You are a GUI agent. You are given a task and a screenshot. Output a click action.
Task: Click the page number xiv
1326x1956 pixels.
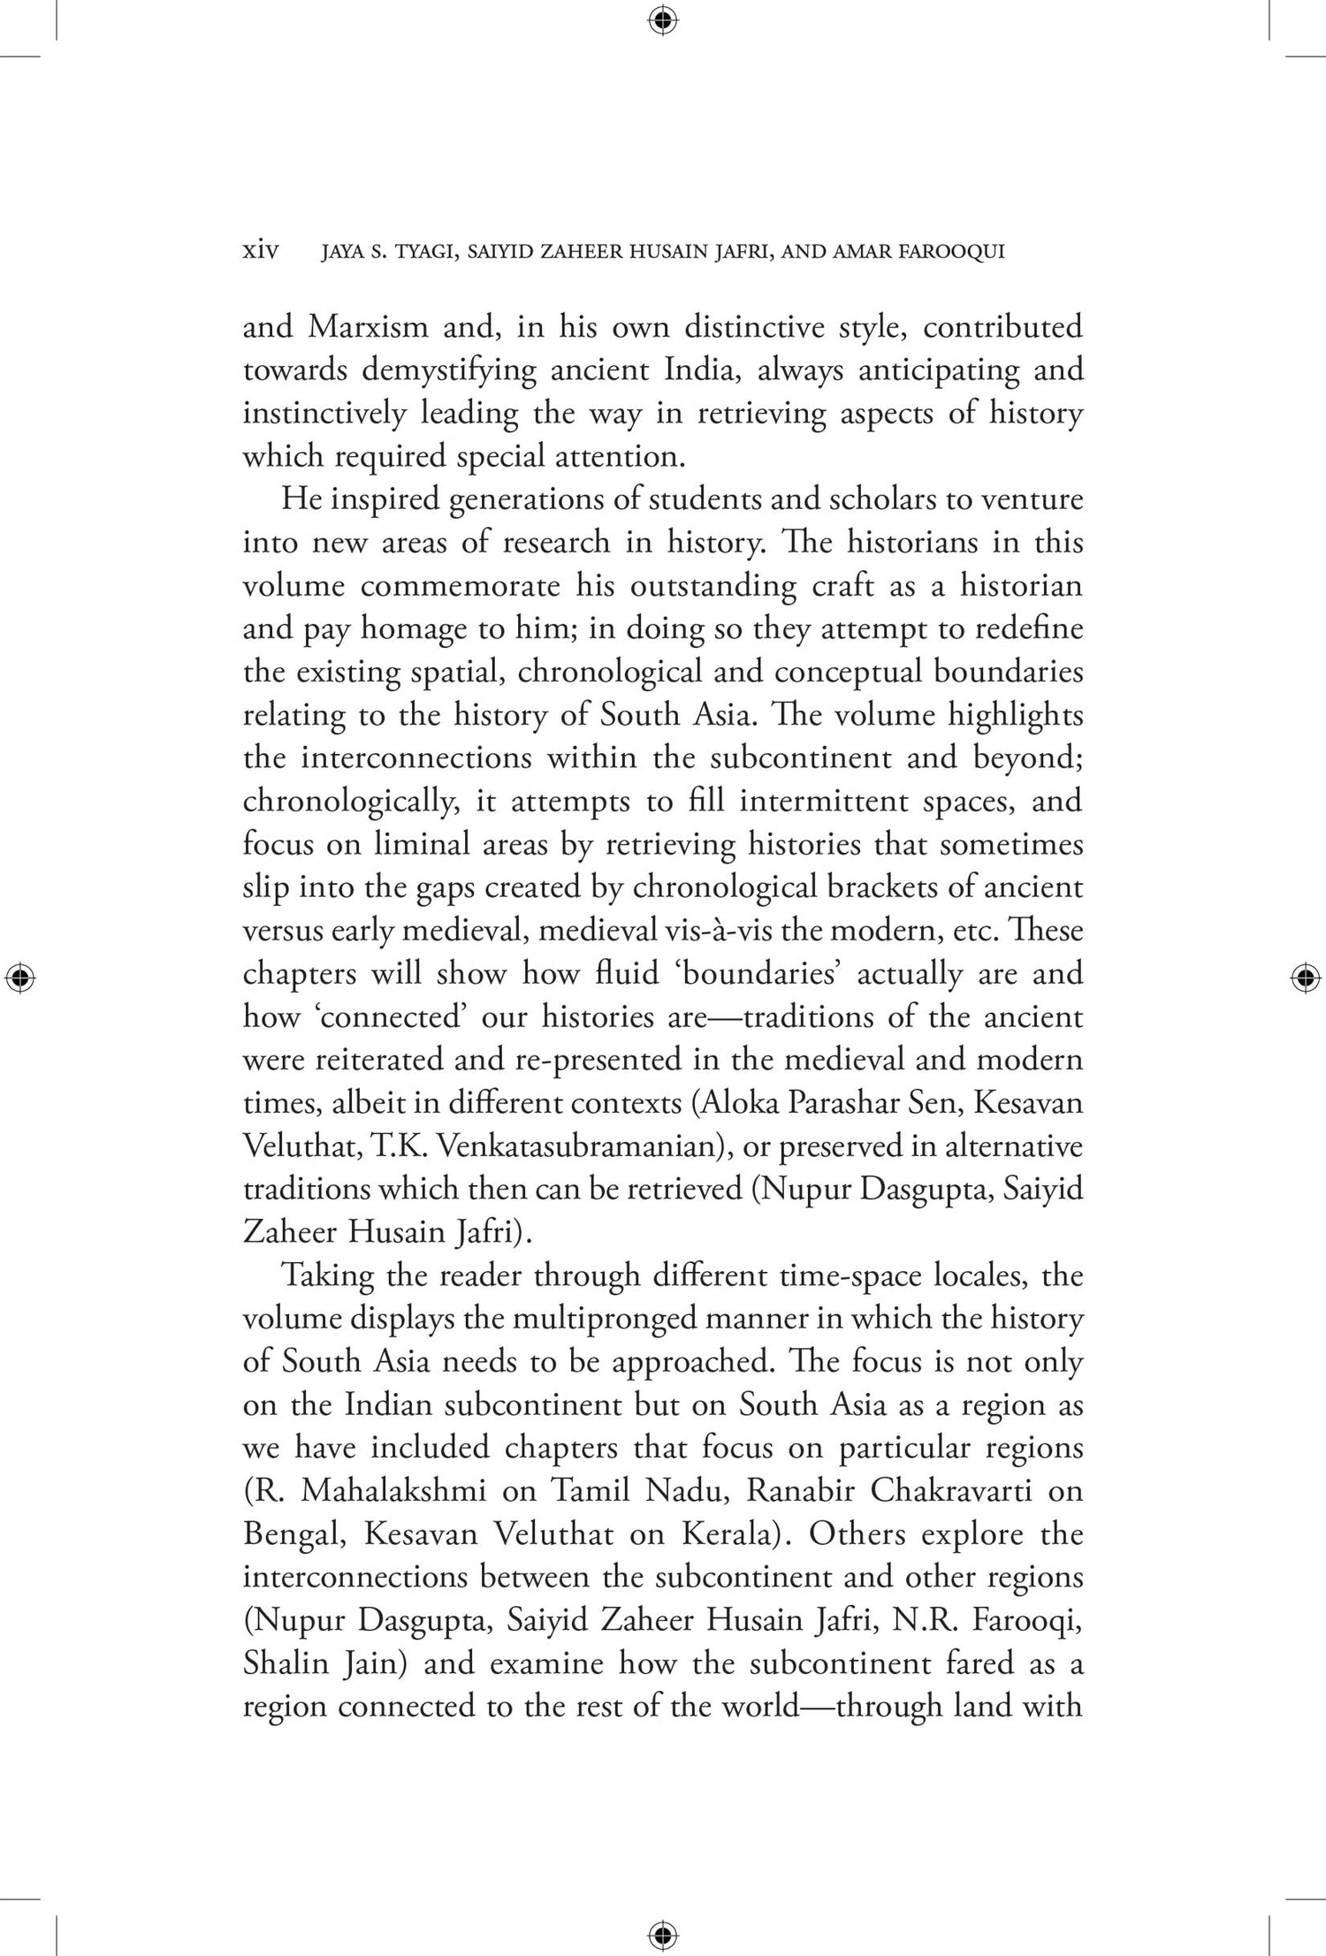pyautogui.click(x=261, y=252)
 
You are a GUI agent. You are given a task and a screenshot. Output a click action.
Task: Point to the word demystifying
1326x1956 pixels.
pyautogui.click(x=448, y=370)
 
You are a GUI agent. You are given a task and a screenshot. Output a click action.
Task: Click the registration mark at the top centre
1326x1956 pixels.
pyautogui.click(x=663, y=19)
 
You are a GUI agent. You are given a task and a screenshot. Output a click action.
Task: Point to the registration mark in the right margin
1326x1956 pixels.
pyautogui.click(x=1306, y=978)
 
